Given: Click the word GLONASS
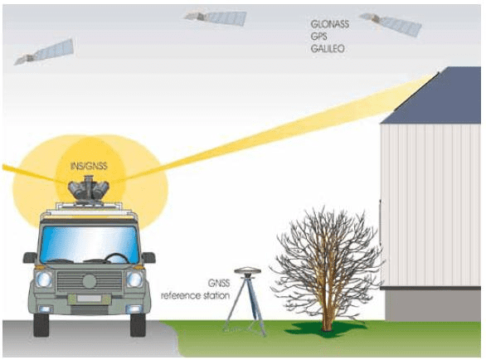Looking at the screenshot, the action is [x=329, y=24].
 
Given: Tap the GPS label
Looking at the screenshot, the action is [x=318, y=36].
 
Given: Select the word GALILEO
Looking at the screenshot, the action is [x=328, y=49].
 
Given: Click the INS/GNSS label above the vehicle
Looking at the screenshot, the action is [x=89, y=166].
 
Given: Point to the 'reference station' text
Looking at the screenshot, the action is [x=195, y=295].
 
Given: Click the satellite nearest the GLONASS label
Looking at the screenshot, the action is [x=391, y=24].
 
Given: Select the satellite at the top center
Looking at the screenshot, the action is [x=215, y=17].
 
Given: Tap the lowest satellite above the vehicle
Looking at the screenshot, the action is [x=44, y=51].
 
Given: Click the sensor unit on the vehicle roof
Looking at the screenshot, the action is [x=88, y=189].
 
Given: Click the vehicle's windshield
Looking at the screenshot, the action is [x=90, y=245].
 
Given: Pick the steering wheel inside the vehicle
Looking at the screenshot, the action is [x=116, y=258].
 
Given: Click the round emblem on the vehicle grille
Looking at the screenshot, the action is [x=89, y=281].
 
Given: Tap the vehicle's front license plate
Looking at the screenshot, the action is [x=89, y=299].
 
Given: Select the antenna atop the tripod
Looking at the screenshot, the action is [x=248, y=270].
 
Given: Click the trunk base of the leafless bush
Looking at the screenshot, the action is [x=327, y=325].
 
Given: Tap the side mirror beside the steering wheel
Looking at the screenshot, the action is [x=148, y=258].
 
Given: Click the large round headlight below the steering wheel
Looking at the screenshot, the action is [x=134, y=279].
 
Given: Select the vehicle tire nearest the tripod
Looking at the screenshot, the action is [x=138, y=324].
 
